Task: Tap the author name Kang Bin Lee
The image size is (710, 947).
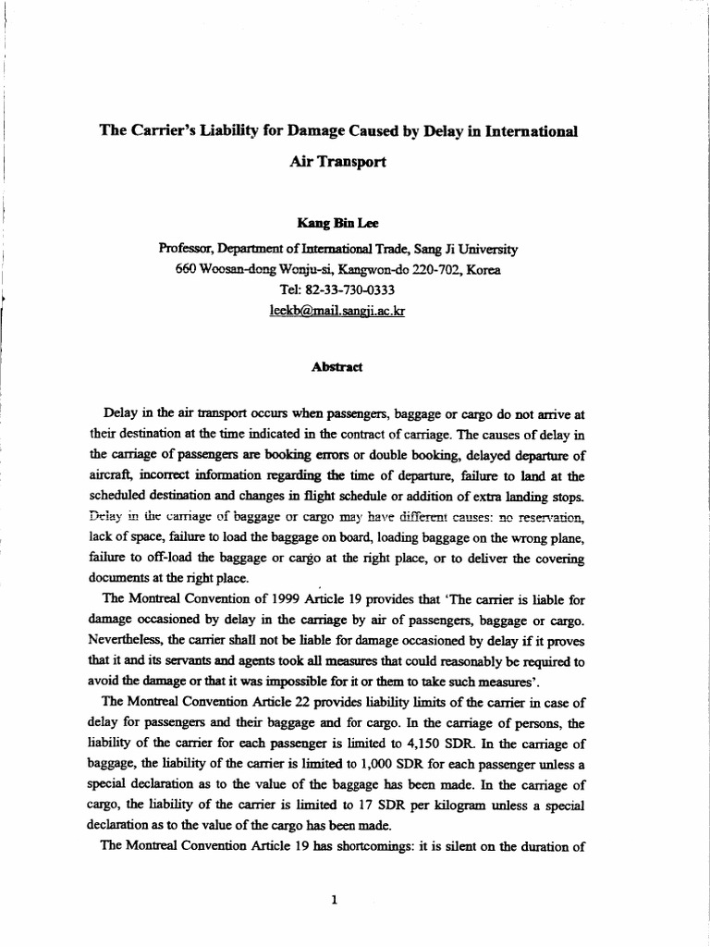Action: (x=337, y=223)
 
